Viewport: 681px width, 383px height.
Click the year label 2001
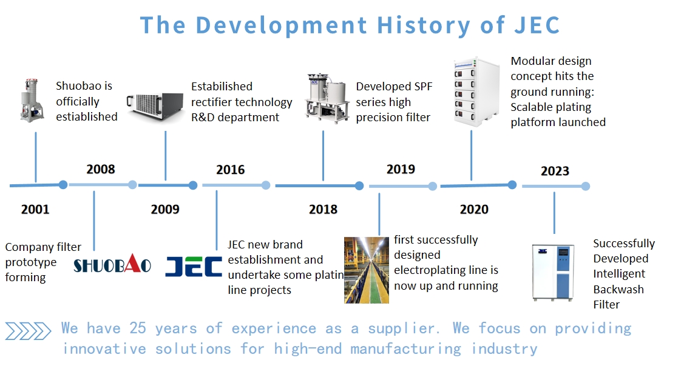click(x=35, y=209)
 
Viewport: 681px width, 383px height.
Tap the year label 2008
click(x=101, y=169)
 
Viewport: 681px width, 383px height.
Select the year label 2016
click(x=231, y=170)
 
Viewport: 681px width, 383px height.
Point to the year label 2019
click(x=401, y=169)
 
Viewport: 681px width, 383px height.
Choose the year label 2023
click(x=555, y=171)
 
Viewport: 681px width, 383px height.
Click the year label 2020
click(x=474, y=210)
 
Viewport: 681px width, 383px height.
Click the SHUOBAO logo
click(x=112, y=264)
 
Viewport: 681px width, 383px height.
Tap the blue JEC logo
click(x=194, y=266)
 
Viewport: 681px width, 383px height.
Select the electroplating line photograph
click(x=367, y=270)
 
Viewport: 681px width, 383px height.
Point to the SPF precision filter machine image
click(x=327, y=98)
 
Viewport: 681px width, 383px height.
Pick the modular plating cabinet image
click(x=476, y=92)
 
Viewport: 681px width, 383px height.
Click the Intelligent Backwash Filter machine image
click(x=553, y=272)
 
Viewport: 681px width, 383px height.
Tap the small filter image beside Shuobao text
click(x=32, y=100)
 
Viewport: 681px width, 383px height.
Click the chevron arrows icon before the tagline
click(x=29, y=331)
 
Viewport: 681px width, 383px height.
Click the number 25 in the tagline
click(x=138, y=328)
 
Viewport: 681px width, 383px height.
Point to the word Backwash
click(x=618, y=289)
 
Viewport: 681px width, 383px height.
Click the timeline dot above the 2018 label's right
click(x=359, y=186)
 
